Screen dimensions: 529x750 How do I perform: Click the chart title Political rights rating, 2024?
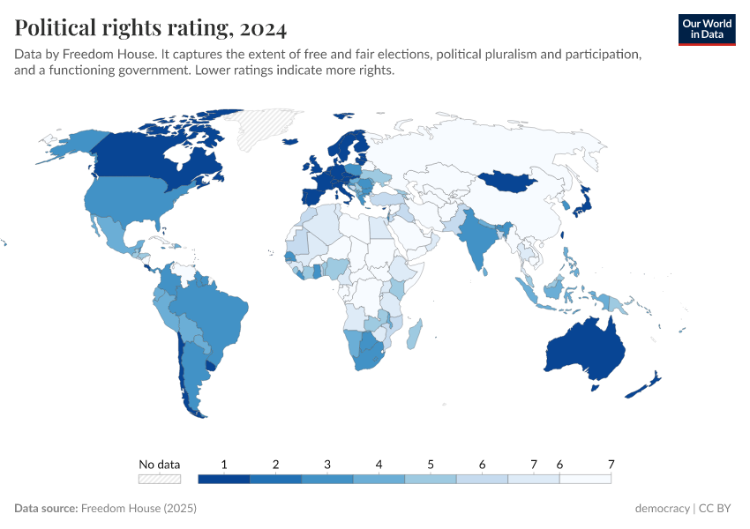click(150, 28)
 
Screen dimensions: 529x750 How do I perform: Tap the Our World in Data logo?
click(707, 29)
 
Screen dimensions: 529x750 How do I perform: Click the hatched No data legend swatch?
click(159, 479)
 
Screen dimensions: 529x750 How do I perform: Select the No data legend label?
click(159, 464)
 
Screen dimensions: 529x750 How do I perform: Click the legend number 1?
click(224, 464)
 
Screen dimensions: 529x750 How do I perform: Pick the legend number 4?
click(379, 464)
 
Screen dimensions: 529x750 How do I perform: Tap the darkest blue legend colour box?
click(224, 479)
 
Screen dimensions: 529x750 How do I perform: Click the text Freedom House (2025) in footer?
click(138, 509)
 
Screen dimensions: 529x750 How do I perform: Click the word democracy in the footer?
click(662, 509)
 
